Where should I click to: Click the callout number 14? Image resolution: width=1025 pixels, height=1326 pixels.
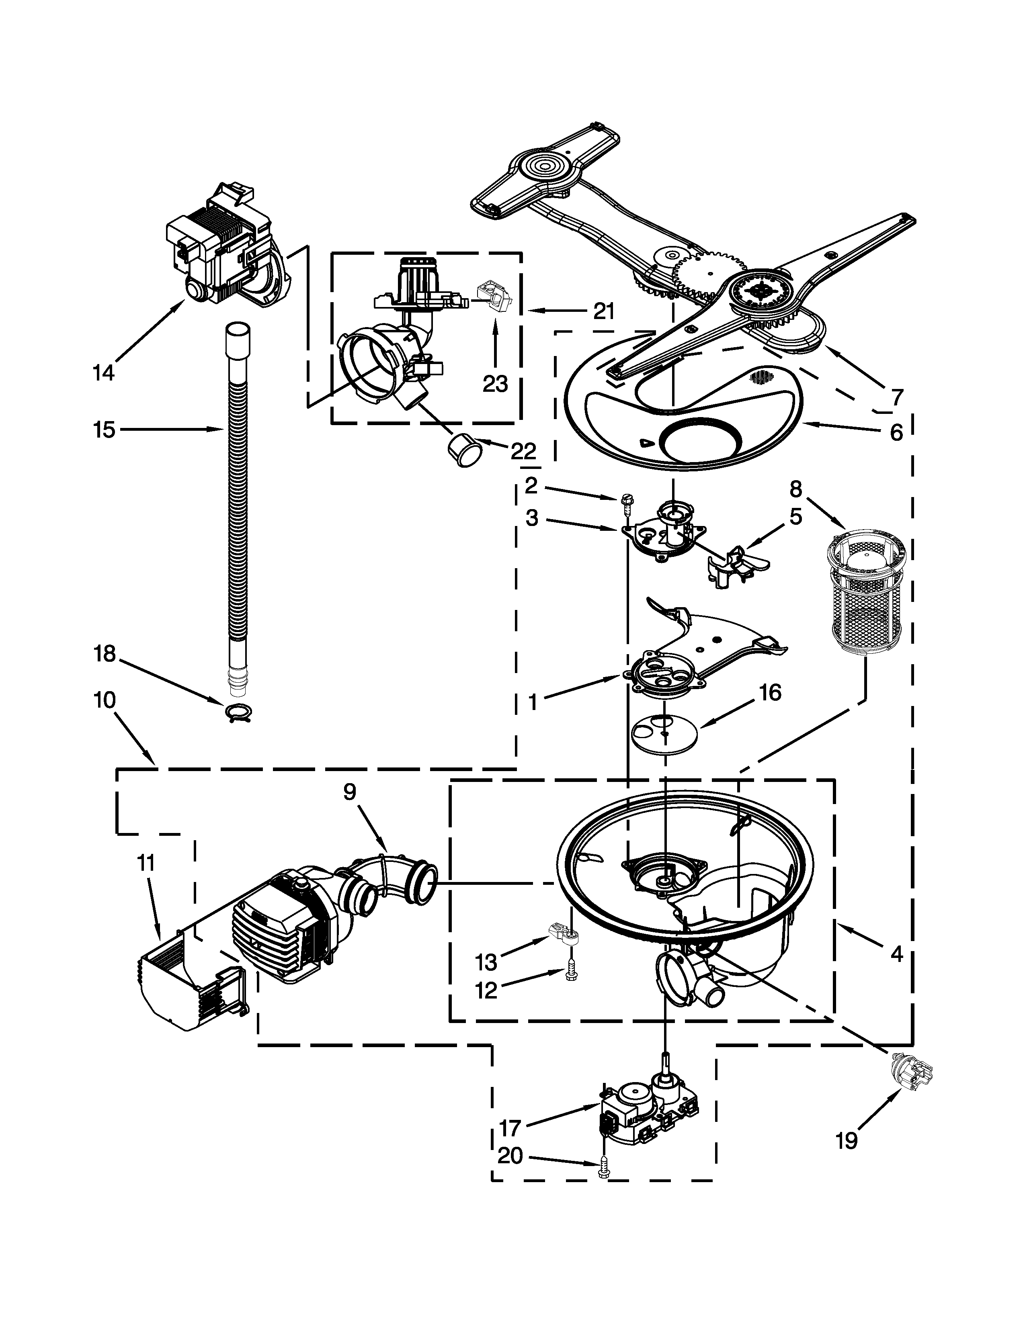pos(104,372)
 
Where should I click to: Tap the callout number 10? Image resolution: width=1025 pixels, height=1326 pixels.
pos(105,700)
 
